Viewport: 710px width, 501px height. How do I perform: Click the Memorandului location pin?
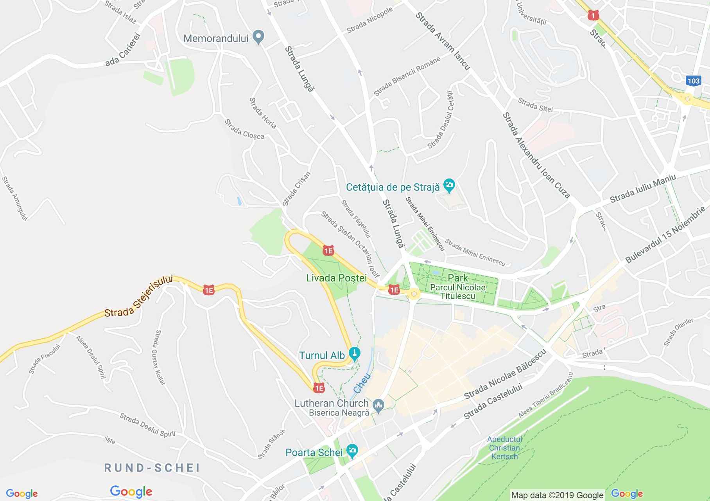(x=258, y=38)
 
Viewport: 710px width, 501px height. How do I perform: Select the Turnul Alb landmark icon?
(x=355, y=354)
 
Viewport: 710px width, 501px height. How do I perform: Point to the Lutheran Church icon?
(x=378, y=405)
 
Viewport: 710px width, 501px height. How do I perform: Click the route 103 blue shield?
(x=693, y=81)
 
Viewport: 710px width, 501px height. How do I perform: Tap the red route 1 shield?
(x=593, y=15)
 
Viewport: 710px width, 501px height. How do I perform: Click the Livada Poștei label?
(x=336, y=278)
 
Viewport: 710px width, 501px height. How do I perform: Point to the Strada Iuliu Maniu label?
(x=642, y=189)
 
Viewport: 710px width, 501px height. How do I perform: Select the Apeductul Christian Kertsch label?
(x=504, y=448)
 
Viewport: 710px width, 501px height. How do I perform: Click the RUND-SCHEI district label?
(x=152, y=468)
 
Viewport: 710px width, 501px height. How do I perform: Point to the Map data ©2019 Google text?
(x=557, y=495)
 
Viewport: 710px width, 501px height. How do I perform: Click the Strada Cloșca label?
(x=244, y=129)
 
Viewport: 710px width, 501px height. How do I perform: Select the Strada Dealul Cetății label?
(x=441, y=120)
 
